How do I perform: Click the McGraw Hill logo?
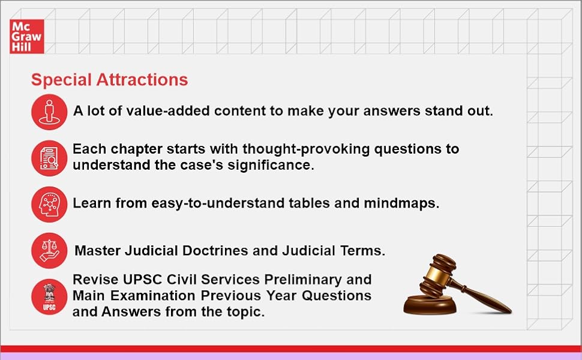pyautogui.click(x=26, y=36)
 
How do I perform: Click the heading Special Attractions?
pyautogui.click(x=109, y=80)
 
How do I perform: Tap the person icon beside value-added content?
pyautogui.click(x=49, y=112)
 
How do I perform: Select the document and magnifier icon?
pyautogui.click(x=49, y=157)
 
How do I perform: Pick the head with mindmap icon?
pyautogui.click(x=49, y=204)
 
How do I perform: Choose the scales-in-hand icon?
pyautogui.click(x=49, y=250)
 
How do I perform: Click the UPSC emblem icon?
pyautogui.click(x=49, y=296)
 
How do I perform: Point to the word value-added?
pyautogui.click(x=165, y=111)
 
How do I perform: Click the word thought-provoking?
pyautogui.click(x=258, y=149)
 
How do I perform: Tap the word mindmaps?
pyautogui.click(x=401, y=203)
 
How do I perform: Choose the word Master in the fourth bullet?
pyautogui.click(x=96, y=251)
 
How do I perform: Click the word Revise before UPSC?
pyautogui.click(x=93, y=280)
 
